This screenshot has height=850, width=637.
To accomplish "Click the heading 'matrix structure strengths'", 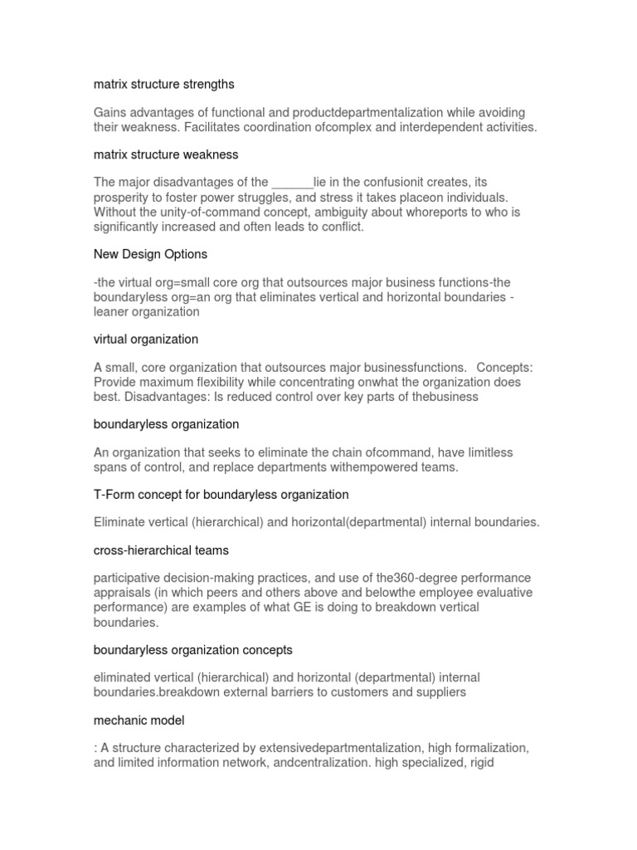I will click(x=164, y=84).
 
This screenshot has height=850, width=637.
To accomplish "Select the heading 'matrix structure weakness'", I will click(x=166, y=154).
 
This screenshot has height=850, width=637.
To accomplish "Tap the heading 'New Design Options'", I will click(x=150, y=254).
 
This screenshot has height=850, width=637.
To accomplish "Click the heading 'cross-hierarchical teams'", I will click(x=161, y=550).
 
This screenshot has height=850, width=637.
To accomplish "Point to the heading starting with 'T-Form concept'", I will click(x=221, y=495).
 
